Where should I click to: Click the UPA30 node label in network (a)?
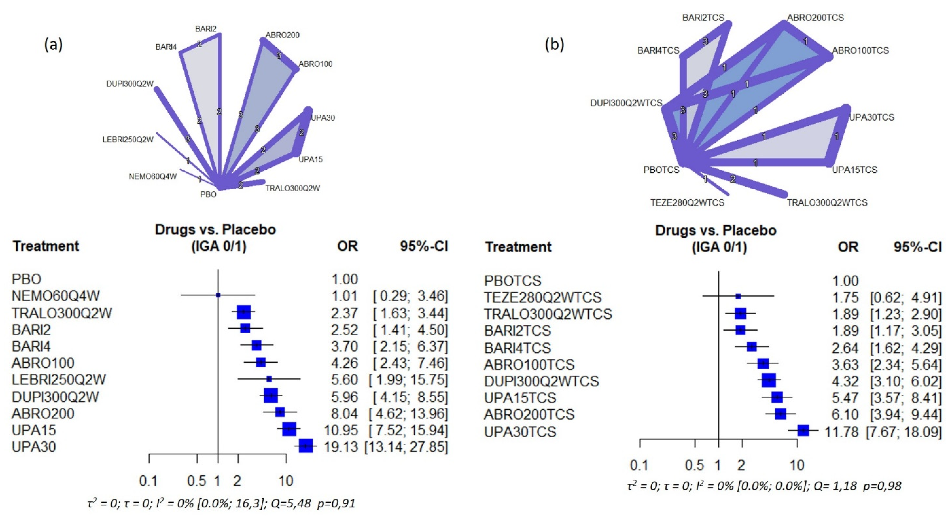(x=323, y=118)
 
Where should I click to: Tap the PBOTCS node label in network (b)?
(x=661, y=170)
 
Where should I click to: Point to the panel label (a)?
(x=54, y=45)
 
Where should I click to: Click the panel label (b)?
(x=555, y=45)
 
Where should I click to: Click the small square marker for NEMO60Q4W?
(x=218, y=295)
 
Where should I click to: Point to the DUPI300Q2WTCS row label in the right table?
(x=541, y=381)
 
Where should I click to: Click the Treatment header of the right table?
(x=518, y=247)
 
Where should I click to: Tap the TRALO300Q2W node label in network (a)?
(x=292, y=188)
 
